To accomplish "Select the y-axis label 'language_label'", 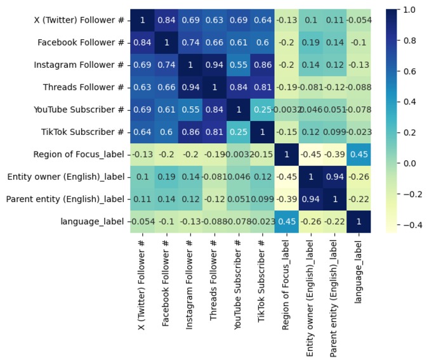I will click(x=94, y=221).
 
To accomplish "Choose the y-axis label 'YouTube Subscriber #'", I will click(x=79, y=110).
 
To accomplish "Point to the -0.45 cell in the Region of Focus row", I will click(x=312, y=155).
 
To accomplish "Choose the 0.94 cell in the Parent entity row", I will click(x=312, y=199).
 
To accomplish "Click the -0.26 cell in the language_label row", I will click(x=312, y=221).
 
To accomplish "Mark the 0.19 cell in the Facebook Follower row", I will click(x=312, y=43).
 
